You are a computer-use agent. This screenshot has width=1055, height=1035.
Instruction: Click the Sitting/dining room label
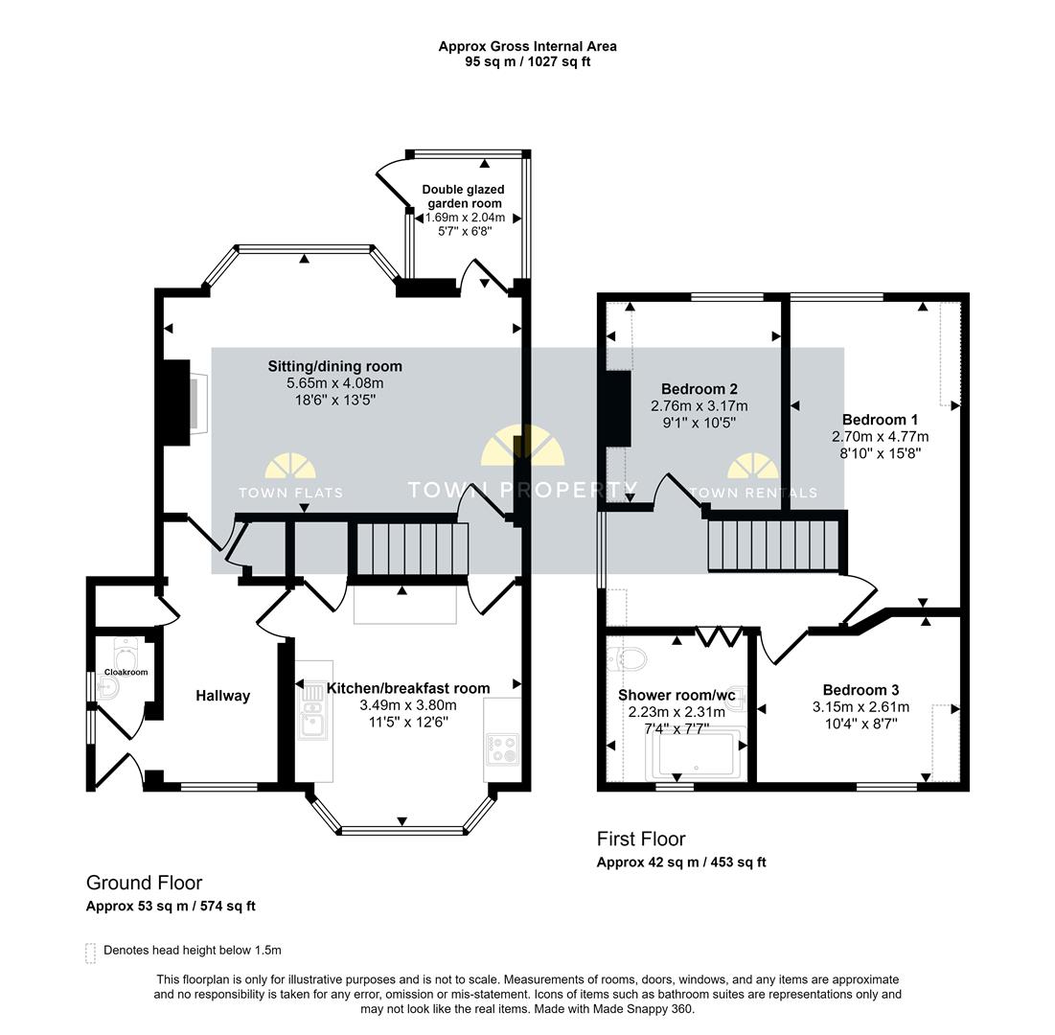[x=334, y=366]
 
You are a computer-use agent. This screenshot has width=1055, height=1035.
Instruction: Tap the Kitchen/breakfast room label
[x=408, y=688]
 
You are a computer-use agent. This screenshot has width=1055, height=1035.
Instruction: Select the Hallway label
[x=223, y=696]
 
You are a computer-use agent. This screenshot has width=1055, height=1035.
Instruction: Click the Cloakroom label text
[x=126, y=673]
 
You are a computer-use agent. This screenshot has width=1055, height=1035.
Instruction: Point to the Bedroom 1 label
[x=880, y=420]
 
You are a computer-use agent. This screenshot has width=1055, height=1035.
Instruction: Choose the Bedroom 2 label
[x=699, y=389]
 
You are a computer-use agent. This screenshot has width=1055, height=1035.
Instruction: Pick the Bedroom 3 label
[x=860, y=690]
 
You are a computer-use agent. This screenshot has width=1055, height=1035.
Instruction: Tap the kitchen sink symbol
[x=313, y=719]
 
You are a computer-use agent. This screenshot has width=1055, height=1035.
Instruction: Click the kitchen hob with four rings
[x=503, y=747]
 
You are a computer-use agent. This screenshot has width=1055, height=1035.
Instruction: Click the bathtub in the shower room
[x=699, y=755]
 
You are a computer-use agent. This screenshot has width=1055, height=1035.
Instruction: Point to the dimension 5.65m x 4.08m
[x=334, y=383]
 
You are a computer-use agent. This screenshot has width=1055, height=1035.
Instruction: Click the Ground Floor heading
[x=144, y=883]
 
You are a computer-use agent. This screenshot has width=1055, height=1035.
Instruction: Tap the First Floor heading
[x=641, y=839]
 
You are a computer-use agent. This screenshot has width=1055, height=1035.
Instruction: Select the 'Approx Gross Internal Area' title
[x=527, y=46]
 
